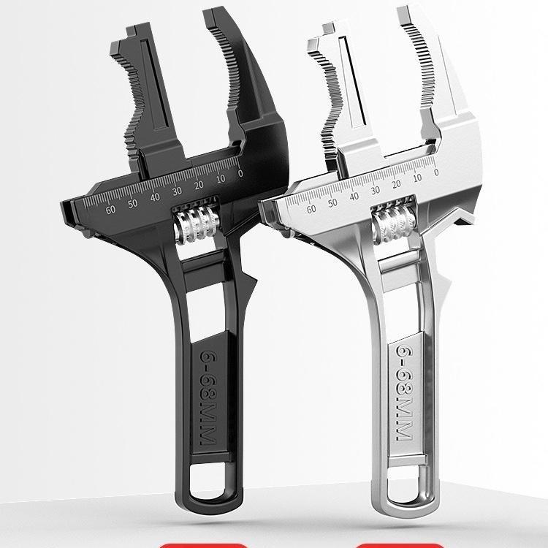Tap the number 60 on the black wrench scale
pos(110,210)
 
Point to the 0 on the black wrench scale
pos(240,173)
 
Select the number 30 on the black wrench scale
pos(177,191)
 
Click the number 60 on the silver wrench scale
pos(311,209)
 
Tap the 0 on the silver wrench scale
pos(435,172)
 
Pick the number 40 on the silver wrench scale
pos(354,197)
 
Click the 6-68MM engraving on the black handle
pos(209,397)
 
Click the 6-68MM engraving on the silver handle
pos(405,393)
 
